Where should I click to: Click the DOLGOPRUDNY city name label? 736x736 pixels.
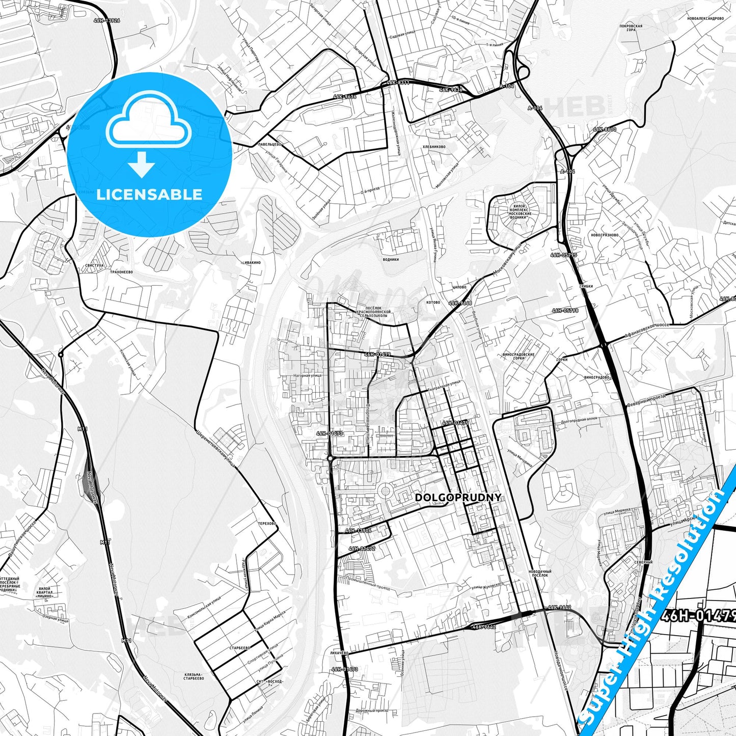[458, 498]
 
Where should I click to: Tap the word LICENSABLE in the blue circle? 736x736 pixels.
[149, 195]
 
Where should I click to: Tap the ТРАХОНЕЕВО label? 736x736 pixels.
[121, 272]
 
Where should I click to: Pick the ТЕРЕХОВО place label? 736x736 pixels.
[267, 523]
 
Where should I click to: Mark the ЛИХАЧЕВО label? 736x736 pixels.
[339, 652]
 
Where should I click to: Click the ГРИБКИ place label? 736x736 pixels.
[586, 286]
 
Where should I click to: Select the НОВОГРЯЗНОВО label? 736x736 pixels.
[605, 235]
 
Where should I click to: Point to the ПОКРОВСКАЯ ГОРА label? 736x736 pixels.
[631, 28]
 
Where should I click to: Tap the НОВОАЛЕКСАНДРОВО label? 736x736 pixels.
[705, 18]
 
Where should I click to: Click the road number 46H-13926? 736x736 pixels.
[107, 20]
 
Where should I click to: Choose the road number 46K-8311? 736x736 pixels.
[397, 82]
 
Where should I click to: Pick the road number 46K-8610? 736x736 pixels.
[605, 129]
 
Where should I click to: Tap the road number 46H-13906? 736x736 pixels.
[359, 530]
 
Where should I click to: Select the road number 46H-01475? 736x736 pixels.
[455, 423]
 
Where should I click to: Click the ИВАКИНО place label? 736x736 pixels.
[253, 262]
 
